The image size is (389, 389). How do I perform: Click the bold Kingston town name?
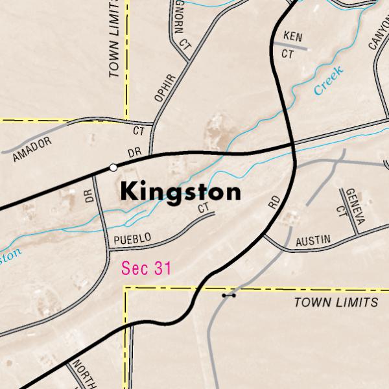180,192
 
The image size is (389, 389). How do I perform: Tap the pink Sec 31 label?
147,268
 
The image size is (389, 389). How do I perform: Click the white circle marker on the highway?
113,167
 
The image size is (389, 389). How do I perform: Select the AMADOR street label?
31,148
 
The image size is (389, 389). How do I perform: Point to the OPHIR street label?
165,88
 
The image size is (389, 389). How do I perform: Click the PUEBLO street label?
132,239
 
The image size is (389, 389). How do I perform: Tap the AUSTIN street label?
312,241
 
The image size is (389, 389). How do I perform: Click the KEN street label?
293,38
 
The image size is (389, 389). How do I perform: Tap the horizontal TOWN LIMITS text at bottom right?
335,303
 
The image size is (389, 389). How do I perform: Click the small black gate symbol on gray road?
228,295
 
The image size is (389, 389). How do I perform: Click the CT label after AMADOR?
139,130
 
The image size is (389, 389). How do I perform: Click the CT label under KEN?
287,55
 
